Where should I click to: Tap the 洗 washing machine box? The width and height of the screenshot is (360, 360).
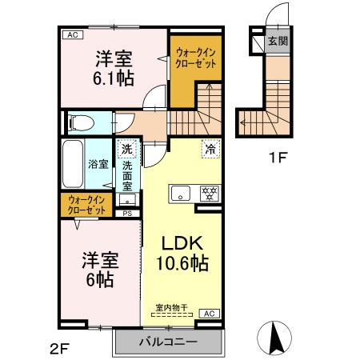pyautogui.click(x=126, y=147)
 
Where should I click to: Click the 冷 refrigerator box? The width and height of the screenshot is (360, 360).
pyautogui.click(x=210, y=148)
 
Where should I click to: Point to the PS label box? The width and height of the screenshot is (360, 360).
pyautogui.click(x=126, y=213)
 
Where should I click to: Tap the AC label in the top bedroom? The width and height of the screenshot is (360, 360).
pyautogui.click(x=71, y=35)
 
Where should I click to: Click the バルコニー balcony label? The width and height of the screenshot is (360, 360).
pyautogui.click(x=167, y=342)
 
